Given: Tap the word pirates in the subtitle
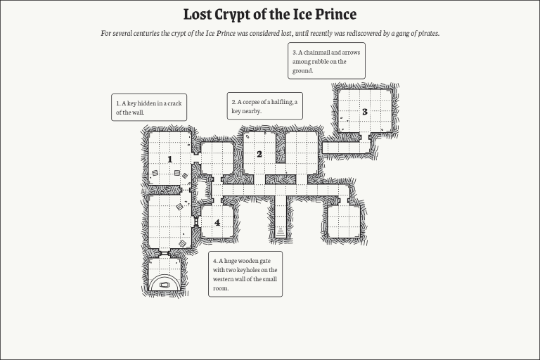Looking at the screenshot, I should pyautogui.click(x=424, y=34).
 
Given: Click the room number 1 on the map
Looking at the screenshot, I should pyautogui.click(x=169, y=160).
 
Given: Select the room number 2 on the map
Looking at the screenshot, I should pyautogui.click(x=259, y=154).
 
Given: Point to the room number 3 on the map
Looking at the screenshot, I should pyautogui.click(x=364, y=112).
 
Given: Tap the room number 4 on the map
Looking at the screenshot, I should pyautogui.click(x=217, y=222).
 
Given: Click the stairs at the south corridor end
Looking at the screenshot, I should pyautogui.click(x=281, y=230).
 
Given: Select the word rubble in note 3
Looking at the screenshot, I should pyautogui.click(x=323, y=62).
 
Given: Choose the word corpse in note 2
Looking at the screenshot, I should pyautogui.click(x=252, y=102).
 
